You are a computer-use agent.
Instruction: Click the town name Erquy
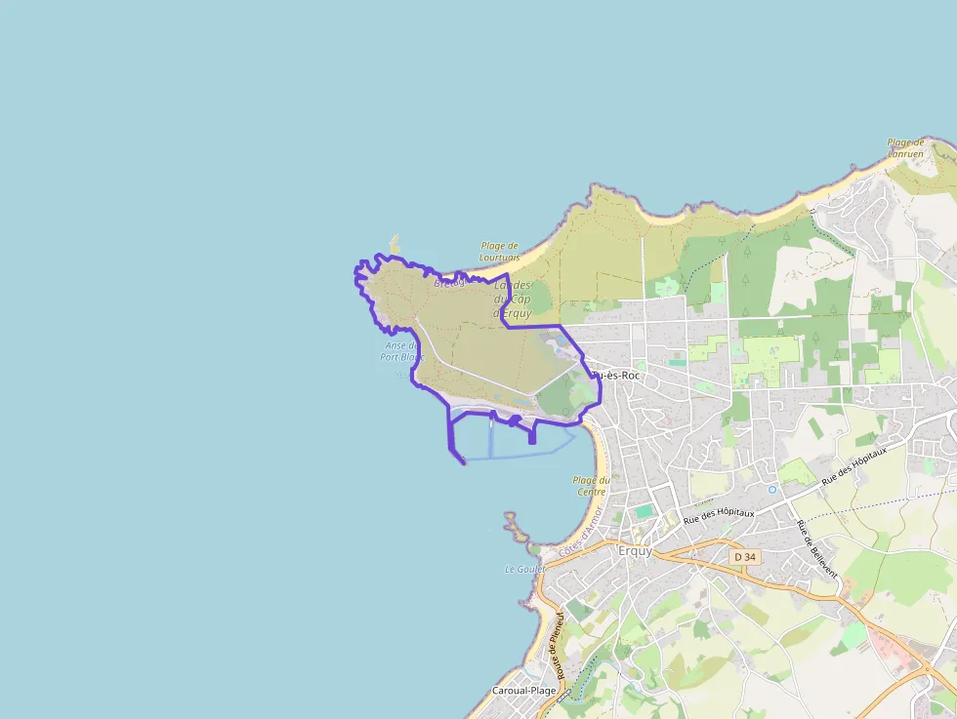click(635, 550)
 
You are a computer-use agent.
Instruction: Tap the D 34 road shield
click(744, 557)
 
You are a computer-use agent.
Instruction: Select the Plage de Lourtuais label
click(499, 252)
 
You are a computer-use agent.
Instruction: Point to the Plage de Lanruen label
click(905, 148)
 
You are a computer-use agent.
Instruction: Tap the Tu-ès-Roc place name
click(615, 375)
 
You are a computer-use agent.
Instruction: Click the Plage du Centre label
click(590, 486)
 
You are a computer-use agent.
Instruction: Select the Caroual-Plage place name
click(523, 691)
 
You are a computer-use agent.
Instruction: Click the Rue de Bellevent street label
click(817, 548)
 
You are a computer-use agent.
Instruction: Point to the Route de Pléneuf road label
click(561, 645)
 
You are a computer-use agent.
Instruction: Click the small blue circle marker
click(772, 489)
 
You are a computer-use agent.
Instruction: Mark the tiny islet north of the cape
click(395, 242)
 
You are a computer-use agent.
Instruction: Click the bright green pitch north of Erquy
click(643, 511)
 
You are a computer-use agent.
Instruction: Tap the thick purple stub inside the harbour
click(531, 434)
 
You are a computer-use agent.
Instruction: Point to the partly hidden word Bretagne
click(449, 283)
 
